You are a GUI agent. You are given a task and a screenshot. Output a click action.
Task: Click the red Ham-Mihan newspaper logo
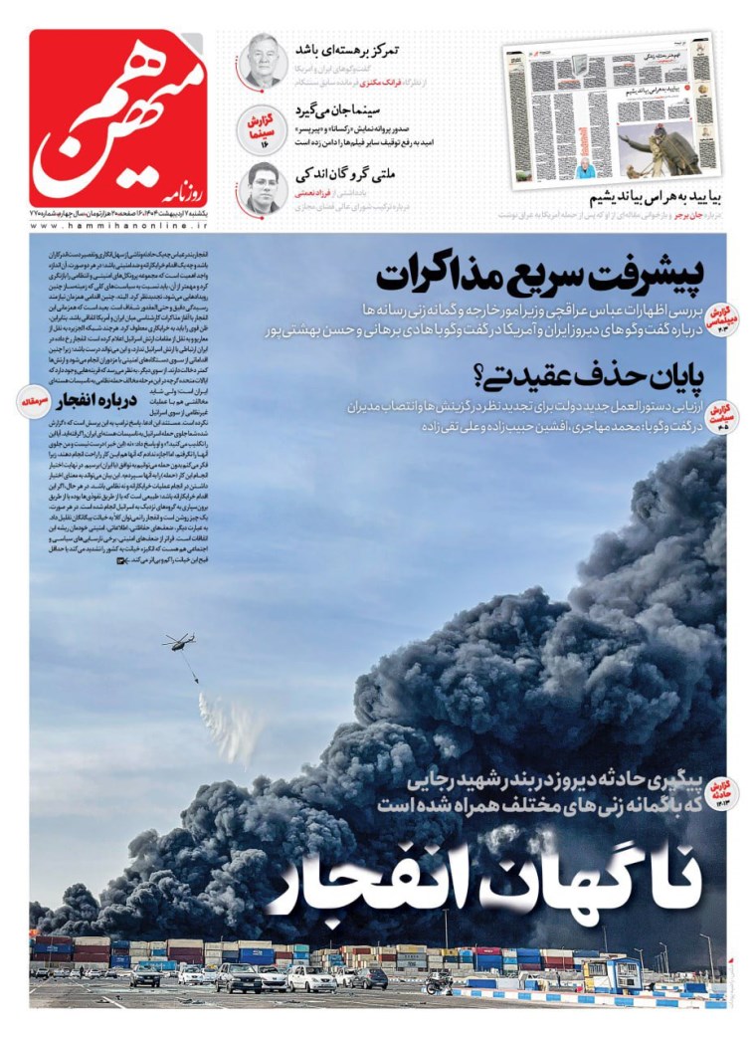(118, 118)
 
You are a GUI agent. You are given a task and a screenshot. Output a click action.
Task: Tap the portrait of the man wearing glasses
(263, 187)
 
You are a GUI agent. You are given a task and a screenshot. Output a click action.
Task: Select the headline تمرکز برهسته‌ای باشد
(347, 49)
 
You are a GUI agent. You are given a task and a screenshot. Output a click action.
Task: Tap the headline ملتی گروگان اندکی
(349, 171)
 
